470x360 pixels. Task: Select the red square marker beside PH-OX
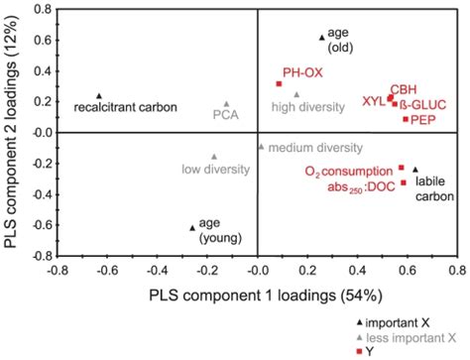pyautogui.click(x=280, y=83)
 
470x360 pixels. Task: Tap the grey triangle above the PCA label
pyautogui.click(x=226, y=103)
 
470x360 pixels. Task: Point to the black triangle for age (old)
pyautogui.click(x=322, y=37)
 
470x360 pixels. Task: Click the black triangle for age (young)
pyautogui.click(x=192, y=227)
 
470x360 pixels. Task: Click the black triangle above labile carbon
pyautogui.click(x=415, y=169)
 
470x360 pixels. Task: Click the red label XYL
pyautogui.click(x=373, y=100)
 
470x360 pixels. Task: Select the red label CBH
pyautogui.click(x=403, y=88)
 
